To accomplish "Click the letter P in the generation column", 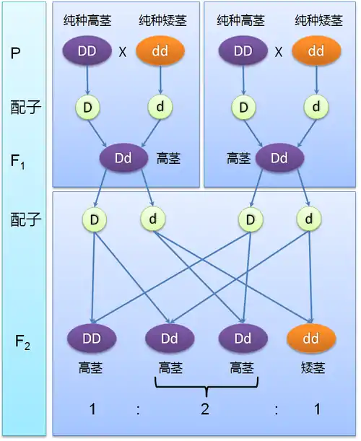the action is [x=15, y=53].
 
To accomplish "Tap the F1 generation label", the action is [x=17, y=162].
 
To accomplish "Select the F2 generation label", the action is [x=22, y=342].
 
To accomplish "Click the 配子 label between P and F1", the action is [x=25, y=108].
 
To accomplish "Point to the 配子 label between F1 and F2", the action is [x=25, y=219].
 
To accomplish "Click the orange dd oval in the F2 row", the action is [x=311, y=339].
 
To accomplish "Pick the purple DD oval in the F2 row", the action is [x=92, y=339].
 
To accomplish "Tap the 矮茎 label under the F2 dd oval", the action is [x=313, y=368].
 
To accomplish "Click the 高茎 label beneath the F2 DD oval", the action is [x=90, y=368].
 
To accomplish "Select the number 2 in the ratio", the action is [x=205, y=409].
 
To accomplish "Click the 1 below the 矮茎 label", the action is [x=318, y=409].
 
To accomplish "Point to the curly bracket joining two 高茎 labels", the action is [x=206, y=386].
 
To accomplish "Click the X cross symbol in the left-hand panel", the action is [x=123, y=52].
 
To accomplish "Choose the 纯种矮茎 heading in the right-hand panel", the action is [x=319, y=20].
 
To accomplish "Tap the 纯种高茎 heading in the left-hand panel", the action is [x=87, y=20].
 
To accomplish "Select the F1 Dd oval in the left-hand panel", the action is [x=123, y=158].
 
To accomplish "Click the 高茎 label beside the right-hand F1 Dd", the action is [x=238, y=158].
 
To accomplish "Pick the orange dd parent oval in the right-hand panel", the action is [x=316, y=51].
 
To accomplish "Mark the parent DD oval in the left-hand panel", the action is [x=87, y=51].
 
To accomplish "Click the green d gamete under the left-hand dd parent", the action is [x=160, y=107].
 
